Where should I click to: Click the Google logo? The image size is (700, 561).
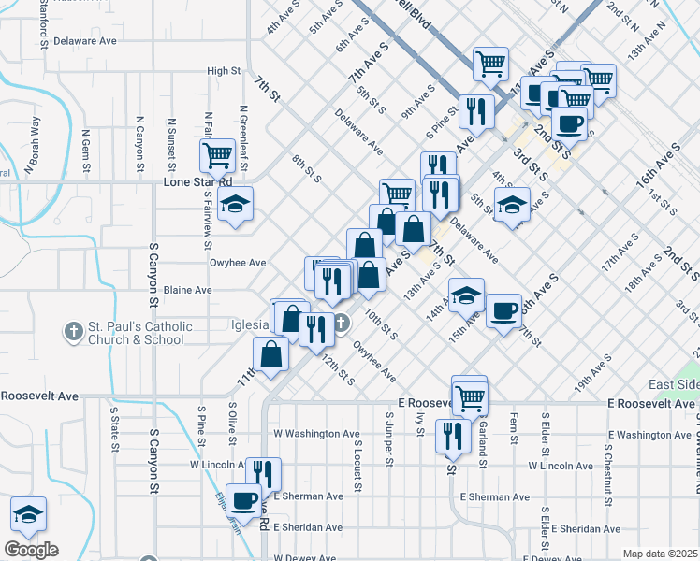click(31, 550)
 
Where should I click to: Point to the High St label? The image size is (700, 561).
click(224, 71)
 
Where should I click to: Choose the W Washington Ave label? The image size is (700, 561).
click(316, 434)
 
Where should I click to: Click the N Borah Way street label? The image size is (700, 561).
click(34, 145)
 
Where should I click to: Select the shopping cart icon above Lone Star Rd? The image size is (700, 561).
click(217, 154)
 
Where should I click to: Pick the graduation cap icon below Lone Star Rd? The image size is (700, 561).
click(235, 202)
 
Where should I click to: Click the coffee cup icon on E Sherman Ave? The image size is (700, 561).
click(244, 499)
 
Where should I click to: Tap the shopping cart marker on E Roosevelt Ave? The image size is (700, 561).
click(469, 396)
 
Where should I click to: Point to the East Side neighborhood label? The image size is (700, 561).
click(672, 385)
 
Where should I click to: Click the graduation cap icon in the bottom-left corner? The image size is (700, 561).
click(28, 513)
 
